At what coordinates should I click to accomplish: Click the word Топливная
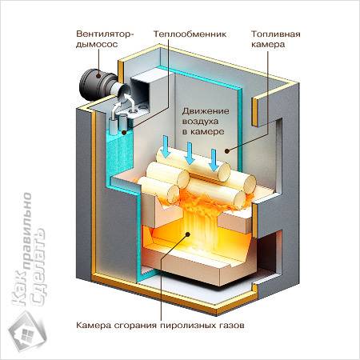coord(276,35)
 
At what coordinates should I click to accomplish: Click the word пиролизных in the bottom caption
coord(194,326)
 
